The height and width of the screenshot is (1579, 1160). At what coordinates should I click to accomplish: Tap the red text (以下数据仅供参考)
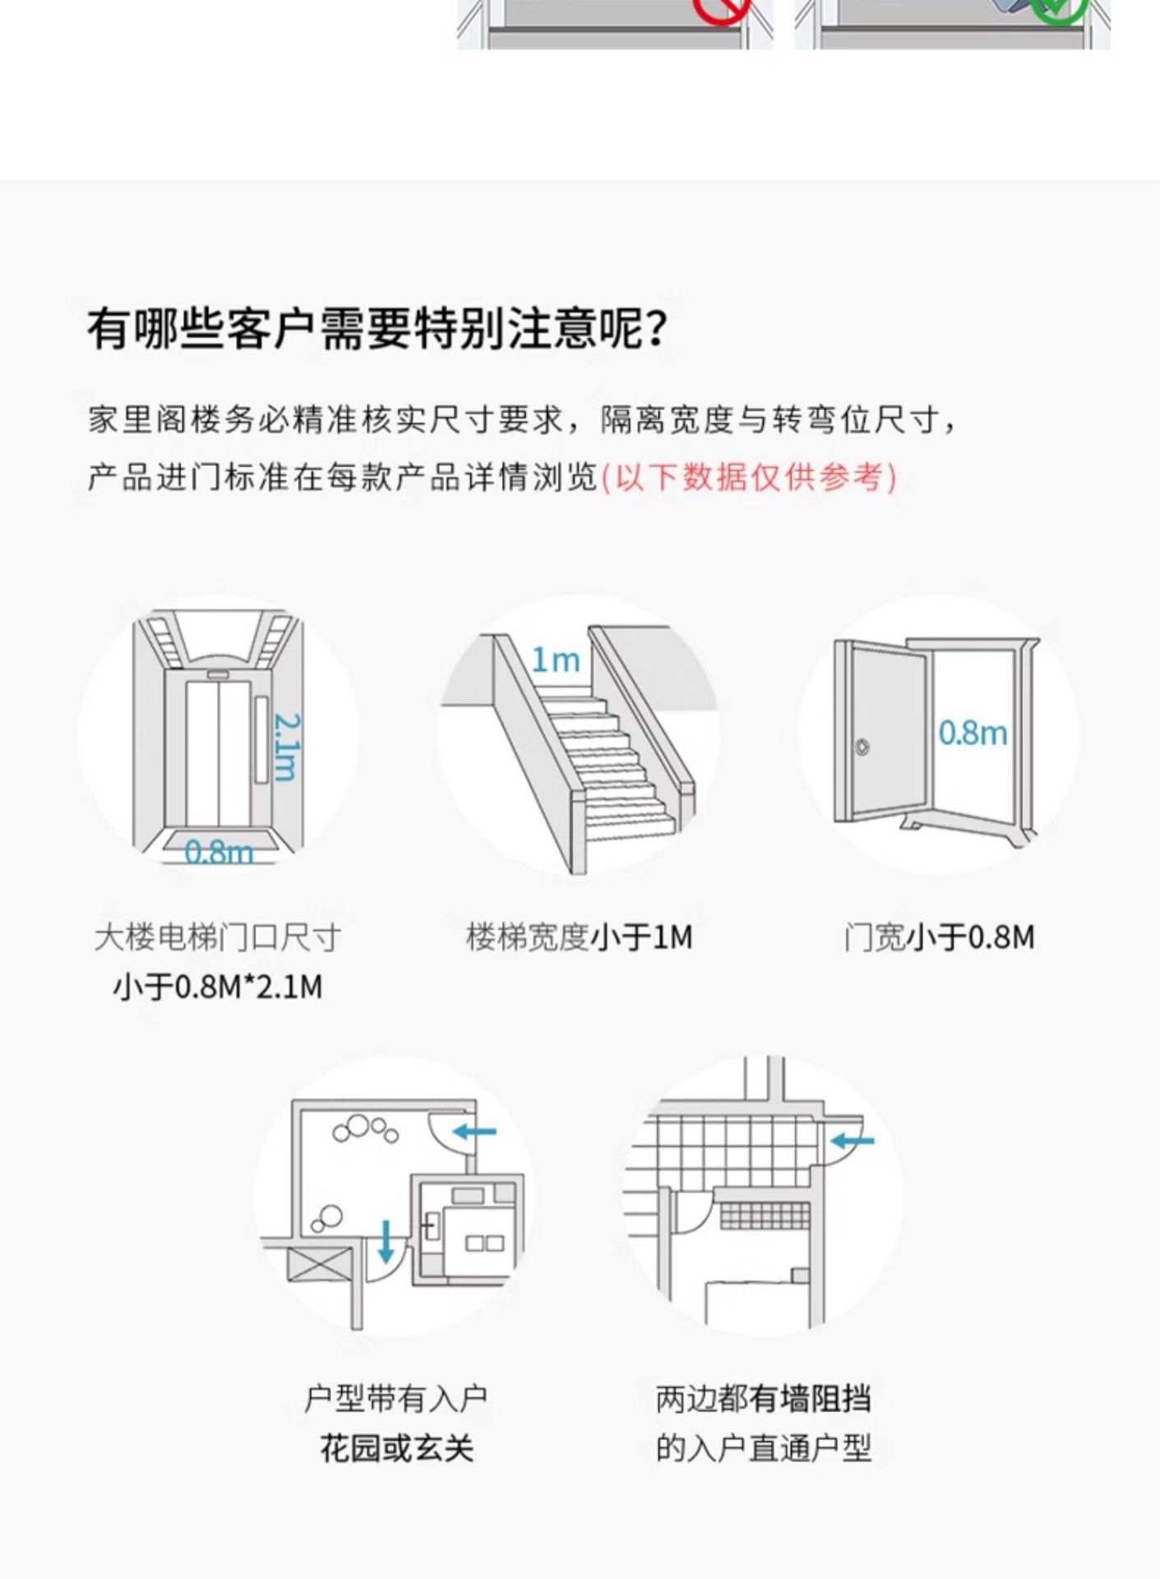[749, 478]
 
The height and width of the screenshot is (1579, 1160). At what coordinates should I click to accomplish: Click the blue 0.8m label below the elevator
[219, 852]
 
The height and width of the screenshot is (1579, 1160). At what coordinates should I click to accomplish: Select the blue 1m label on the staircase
[555, 660]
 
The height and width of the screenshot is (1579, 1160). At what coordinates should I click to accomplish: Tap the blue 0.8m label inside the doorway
[973, 732]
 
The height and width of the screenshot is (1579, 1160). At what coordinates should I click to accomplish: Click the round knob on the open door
[862, 747]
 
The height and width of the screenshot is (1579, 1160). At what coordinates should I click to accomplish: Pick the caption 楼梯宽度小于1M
[580, 937]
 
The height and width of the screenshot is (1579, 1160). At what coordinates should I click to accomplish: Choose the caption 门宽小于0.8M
[939, 937]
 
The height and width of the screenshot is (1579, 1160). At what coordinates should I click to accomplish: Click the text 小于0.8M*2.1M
[218, 986]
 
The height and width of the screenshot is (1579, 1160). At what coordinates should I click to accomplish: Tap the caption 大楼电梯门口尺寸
[218, 937]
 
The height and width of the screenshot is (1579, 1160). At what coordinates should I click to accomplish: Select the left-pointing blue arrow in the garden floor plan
[474, 1132]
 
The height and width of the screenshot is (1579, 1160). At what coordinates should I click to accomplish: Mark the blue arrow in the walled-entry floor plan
[853, 1141]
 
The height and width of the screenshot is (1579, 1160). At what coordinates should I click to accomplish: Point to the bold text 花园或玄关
[397, 1448]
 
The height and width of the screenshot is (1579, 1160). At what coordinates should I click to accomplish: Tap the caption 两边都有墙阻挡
[763, 1399]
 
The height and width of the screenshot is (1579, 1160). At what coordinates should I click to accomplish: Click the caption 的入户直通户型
[763, 1448]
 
